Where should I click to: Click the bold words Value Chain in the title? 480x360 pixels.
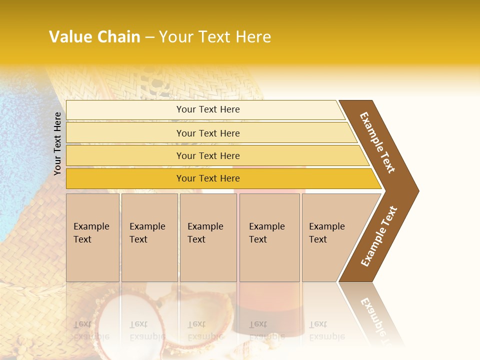[94, 37]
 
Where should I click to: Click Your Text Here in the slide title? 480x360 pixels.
[215, 37]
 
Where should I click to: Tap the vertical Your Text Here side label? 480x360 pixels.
[57, 143]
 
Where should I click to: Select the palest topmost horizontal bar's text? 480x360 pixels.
[208, 109]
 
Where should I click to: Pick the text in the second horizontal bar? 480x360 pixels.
[208, 133]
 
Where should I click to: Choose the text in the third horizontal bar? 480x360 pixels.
[208, 156]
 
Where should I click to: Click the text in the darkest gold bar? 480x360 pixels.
[208, 178]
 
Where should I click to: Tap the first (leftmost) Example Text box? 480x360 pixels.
[91, 233]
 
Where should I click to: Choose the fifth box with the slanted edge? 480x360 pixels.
[327, 233]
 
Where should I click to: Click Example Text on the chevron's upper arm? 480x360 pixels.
[378, 142]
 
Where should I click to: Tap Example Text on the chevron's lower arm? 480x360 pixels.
[379, 236]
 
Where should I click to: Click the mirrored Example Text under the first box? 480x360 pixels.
[91, 330]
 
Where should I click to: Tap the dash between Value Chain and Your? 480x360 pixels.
[149, 37]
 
